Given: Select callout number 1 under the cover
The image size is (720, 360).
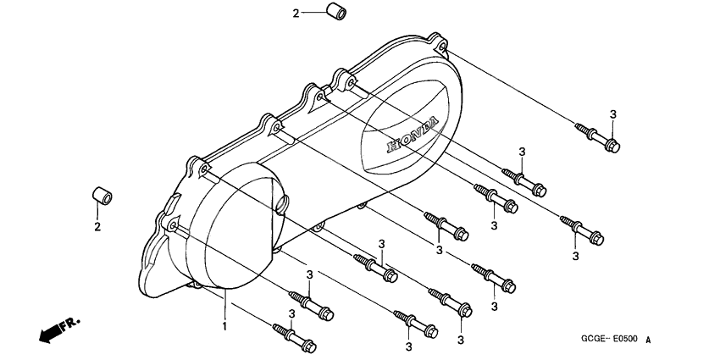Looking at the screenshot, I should tap(224, 325).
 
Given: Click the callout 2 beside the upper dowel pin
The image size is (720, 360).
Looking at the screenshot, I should tap(296, 13).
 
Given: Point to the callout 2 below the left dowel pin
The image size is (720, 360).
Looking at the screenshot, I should tap(97, 227).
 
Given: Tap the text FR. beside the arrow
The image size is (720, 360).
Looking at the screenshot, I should tap(70, 324).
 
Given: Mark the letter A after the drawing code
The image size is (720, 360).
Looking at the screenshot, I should tap(650, 340).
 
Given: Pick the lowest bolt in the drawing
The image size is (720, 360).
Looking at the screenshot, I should tap(293, 337).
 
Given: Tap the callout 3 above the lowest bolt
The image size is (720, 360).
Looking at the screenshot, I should tap(292, 313).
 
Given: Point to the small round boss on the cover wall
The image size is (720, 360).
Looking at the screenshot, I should tap(281, 203).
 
